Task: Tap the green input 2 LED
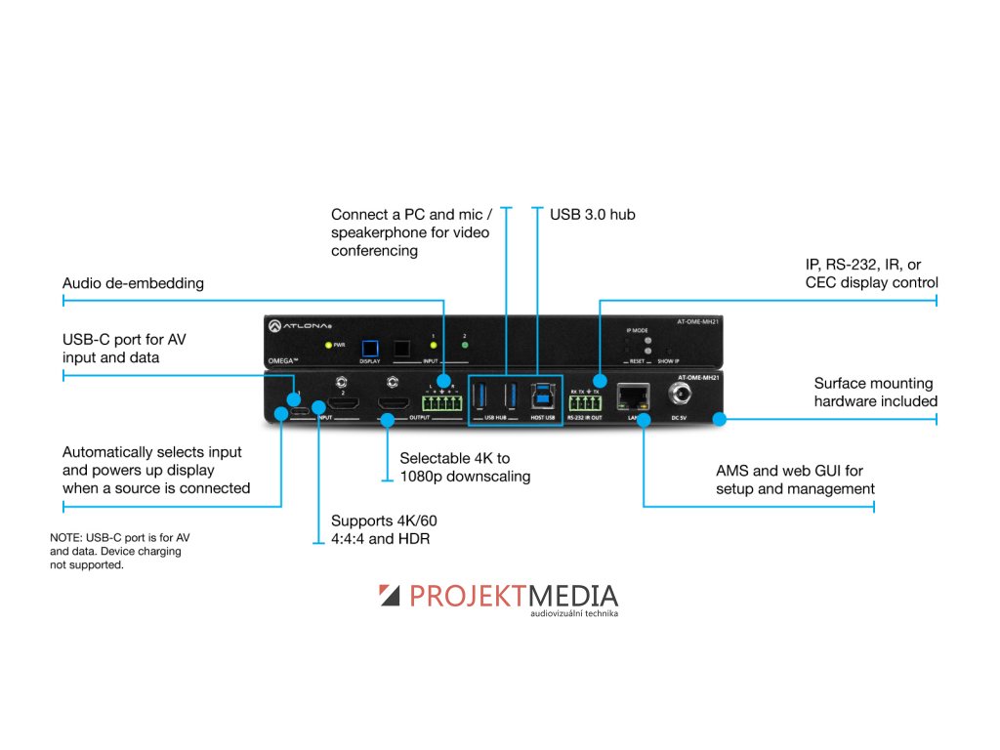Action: (464, 346)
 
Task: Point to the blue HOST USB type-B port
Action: (541, 396)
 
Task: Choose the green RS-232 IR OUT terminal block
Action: (585, 401)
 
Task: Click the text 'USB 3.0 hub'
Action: (592, 214)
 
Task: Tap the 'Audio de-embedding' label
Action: (133, 283)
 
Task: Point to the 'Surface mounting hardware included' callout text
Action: (875, 393)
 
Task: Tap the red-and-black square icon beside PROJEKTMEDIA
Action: (390, 596)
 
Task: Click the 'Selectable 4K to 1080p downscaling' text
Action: (465, 467)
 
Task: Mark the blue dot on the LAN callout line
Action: (645, 421)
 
